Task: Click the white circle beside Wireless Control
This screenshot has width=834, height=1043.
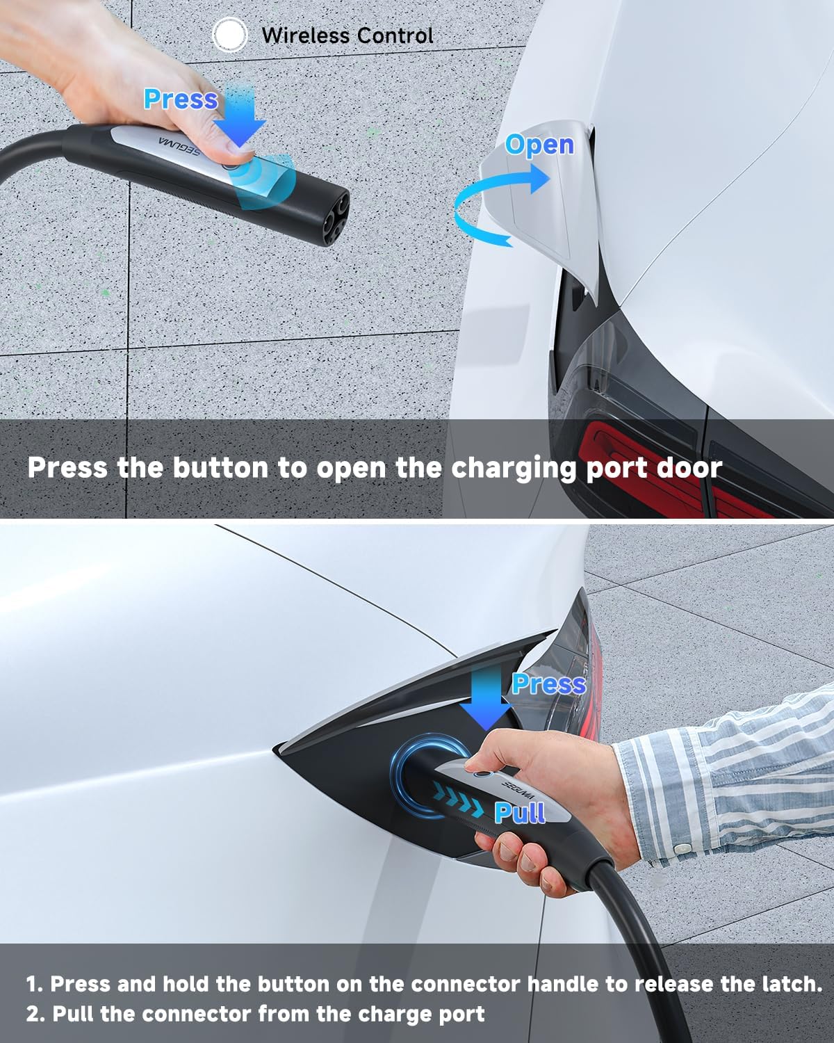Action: (230, 34)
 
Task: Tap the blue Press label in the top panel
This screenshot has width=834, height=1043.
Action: (181, 99)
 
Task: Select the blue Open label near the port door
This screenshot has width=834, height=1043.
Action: (539, 145)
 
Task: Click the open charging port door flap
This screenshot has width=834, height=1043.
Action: (538, 204)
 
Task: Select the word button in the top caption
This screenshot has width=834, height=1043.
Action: (220, 468)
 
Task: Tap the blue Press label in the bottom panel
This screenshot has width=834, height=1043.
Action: (549, 684)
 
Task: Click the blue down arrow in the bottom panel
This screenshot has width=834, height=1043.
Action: (486, 698)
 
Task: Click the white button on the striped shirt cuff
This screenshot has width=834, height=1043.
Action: (683, 848)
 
